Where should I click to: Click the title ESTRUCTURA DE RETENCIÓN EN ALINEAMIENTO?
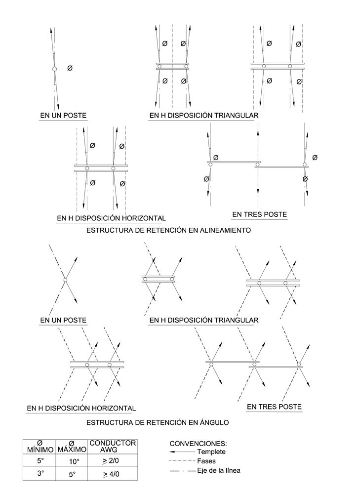point(168,230)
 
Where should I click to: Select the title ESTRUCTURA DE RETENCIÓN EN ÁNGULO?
point(158,422)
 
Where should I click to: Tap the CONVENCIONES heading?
point(198,444)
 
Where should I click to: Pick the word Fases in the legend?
point(206,461)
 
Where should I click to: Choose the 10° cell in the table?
point(72,461)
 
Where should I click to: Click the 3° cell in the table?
point(41,473)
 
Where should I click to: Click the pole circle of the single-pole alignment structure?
point(54,69)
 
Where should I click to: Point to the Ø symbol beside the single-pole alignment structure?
point(70,68)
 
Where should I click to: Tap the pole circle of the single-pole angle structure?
point(65,281)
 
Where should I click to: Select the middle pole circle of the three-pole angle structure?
point(254,365)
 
